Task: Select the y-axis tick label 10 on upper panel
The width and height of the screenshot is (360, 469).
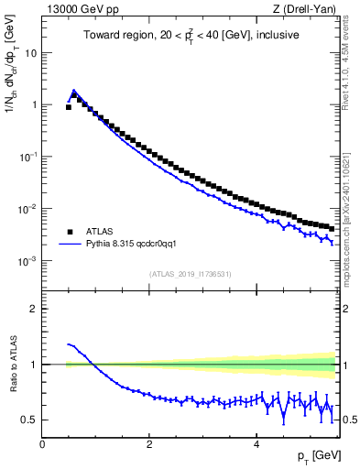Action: pyautogui.click(x=30, y=52)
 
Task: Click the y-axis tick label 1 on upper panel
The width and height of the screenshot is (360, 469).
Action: pyautogui.click(x=33, y=104)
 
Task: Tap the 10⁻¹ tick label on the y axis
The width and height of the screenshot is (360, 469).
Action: pyautogui.click(x=28, y=156)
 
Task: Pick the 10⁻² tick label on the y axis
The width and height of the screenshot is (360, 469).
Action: pyautogui.click(x=28, y=208)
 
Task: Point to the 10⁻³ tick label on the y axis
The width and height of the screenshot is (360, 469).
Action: pyautogui.click(x=28, y=260)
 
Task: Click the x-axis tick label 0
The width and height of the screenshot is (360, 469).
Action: pyautogui.click(x=42, y=444)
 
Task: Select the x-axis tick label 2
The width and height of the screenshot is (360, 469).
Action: pyautogui.click(x=149, y=444)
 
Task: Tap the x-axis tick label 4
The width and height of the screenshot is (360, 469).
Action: pyautogui.click(x=256, y=444)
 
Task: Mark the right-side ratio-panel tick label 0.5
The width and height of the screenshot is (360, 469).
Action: pyautogui.click(x=349, y=420)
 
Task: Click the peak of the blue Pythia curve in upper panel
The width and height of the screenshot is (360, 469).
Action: pyautogui.click(x=74, y=91)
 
